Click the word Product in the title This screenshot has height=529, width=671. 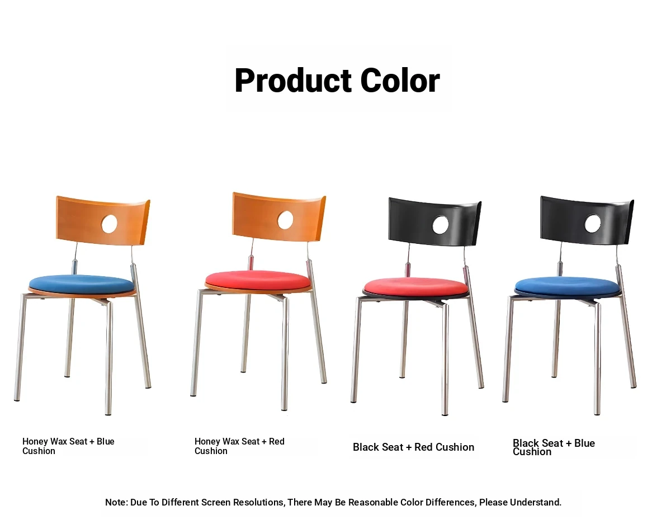[293, 81]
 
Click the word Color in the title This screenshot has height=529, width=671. [400, 81]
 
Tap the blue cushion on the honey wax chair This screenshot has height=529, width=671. [82, 285]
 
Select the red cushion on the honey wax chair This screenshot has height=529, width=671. [258, 280]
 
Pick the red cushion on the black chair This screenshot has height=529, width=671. [416, 287]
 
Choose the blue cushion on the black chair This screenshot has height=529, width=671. [567, 286]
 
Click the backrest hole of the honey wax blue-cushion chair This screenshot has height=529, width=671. [110, 224]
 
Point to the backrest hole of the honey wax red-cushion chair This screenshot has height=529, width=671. [285, 220]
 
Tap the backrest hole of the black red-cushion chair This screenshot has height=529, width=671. [441, 225]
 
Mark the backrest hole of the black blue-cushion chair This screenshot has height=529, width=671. [592, 223]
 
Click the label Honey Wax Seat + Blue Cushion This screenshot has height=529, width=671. [68, 446]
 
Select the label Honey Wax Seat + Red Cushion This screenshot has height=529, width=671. [239, 446]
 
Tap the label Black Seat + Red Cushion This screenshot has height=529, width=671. [413, 447]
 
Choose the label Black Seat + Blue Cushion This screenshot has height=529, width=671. [554, 447]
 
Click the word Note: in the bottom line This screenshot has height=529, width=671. [117, 502]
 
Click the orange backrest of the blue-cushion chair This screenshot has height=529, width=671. [102, 220]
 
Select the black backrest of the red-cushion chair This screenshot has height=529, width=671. [434, 221]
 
